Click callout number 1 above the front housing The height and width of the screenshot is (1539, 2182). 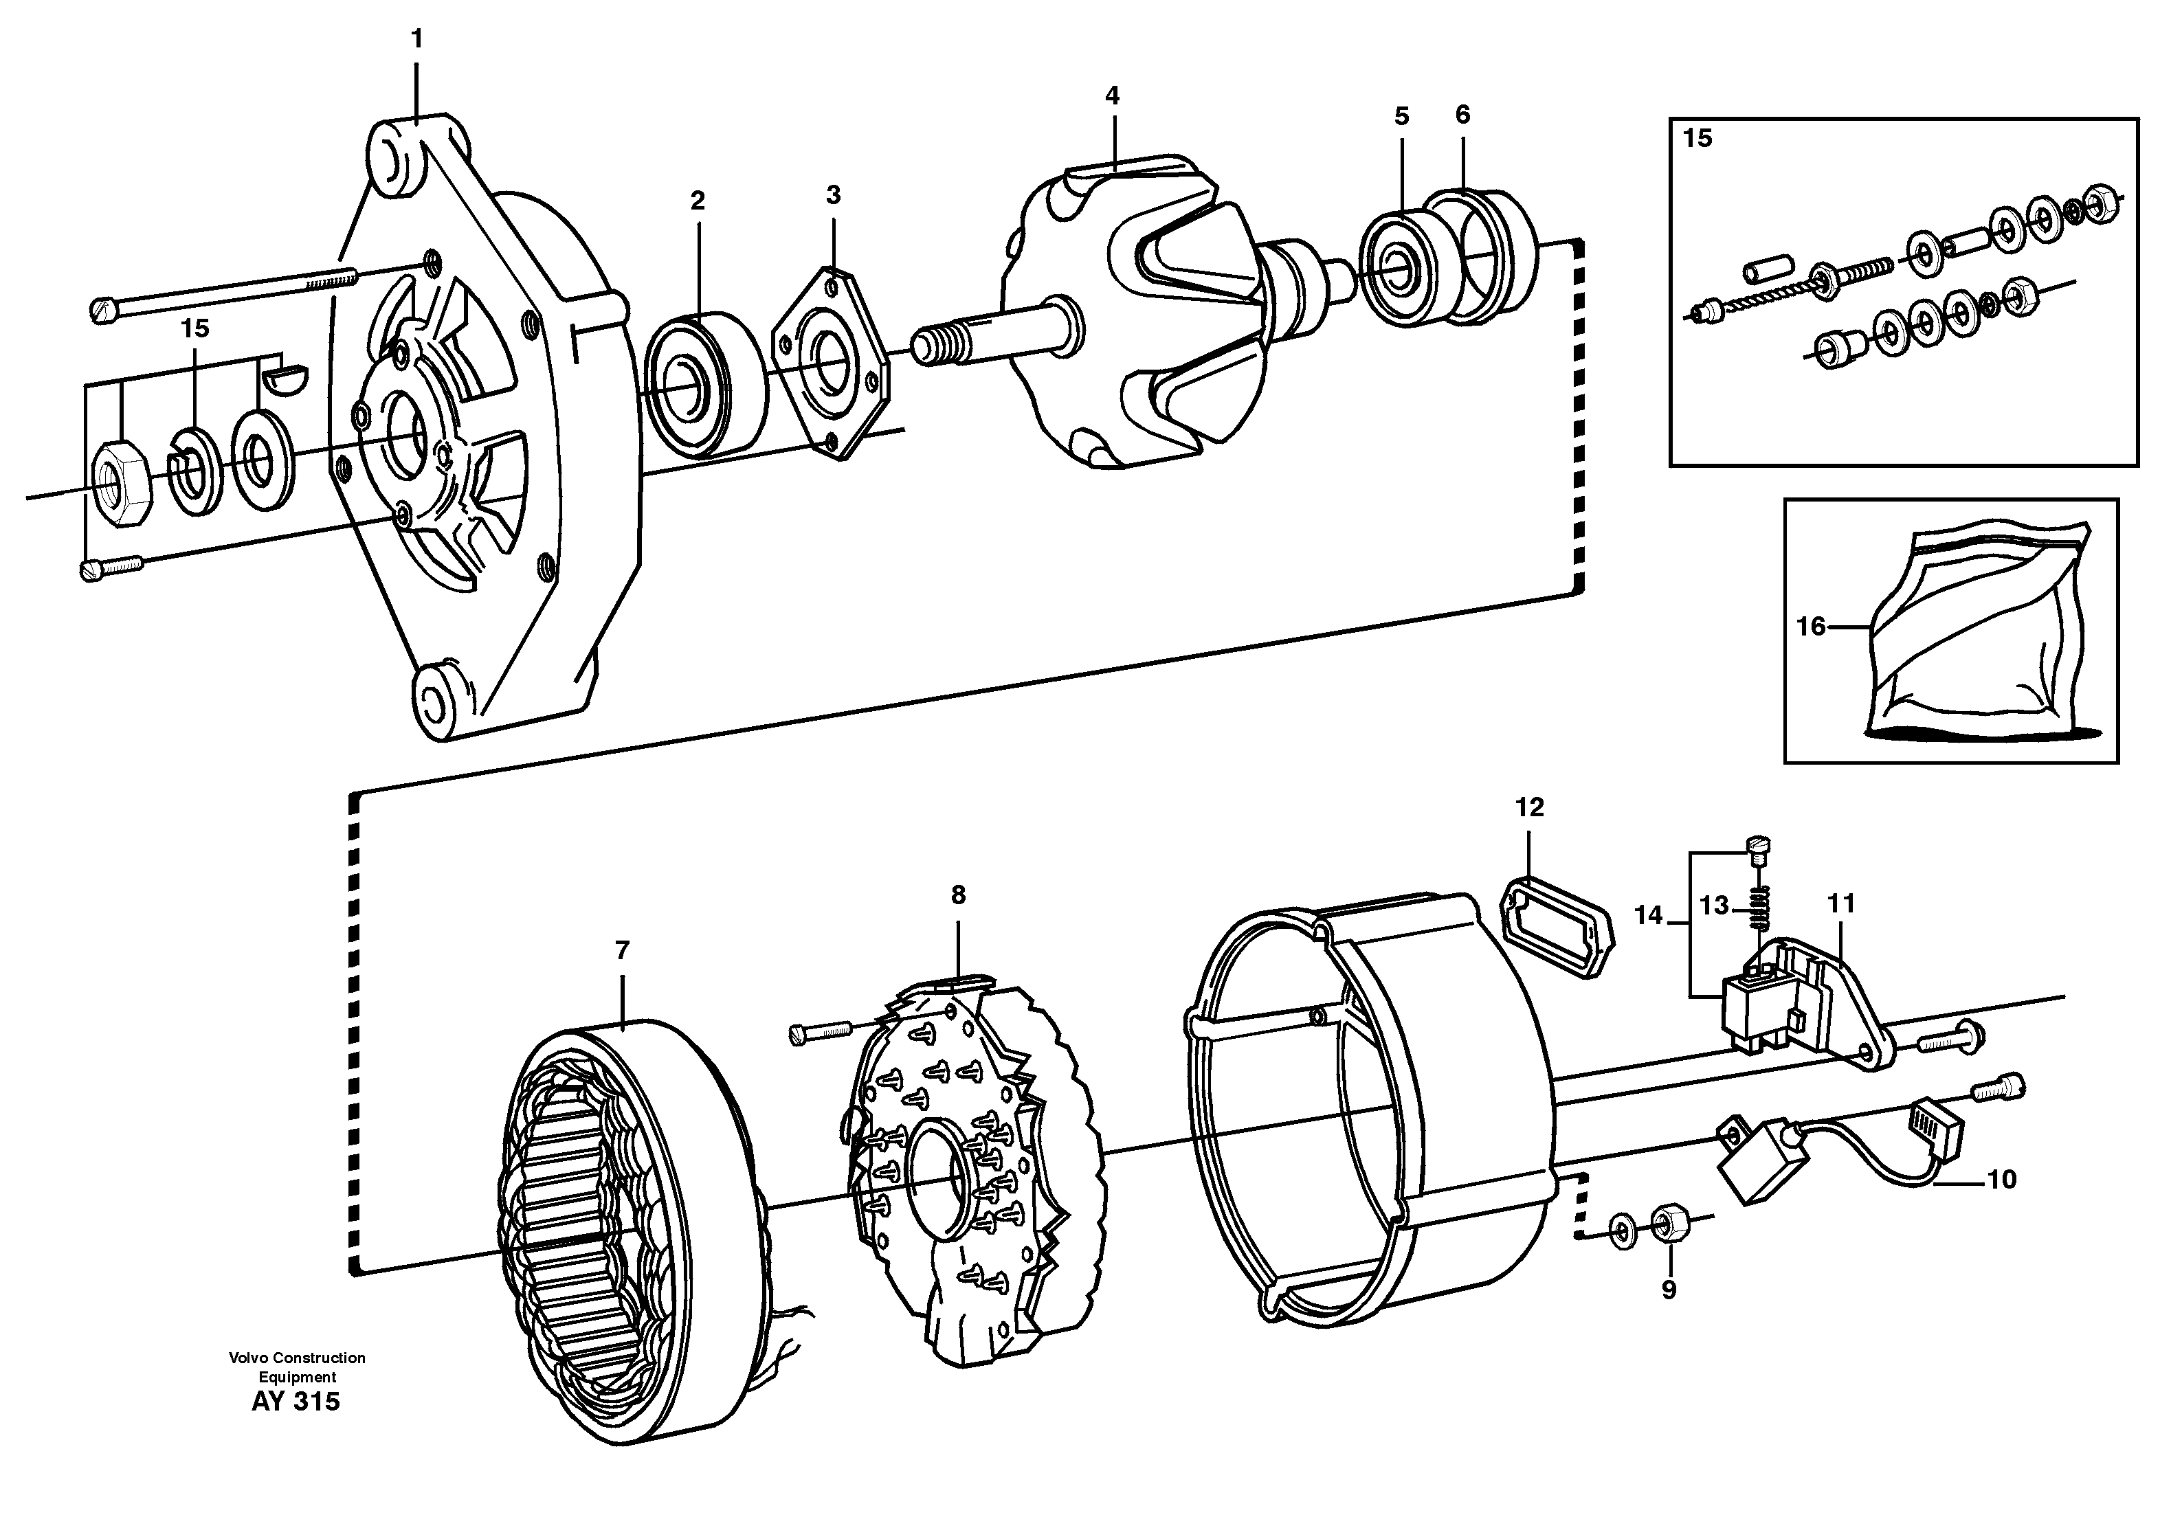pos(416,40)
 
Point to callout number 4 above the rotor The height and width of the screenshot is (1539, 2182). pos(1112,96)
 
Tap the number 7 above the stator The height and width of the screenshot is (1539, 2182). pos(623,950)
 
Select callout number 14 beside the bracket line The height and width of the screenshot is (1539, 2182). pos(1649,915)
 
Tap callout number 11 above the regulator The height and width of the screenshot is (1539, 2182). pos(1842,903)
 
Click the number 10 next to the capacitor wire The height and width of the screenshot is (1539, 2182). pos(2001,1180)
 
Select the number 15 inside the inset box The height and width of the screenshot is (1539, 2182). pos(1697,139)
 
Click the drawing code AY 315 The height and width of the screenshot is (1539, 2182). pos(296,1402)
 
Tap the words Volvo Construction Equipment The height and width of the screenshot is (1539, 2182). pos(296,1367)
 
